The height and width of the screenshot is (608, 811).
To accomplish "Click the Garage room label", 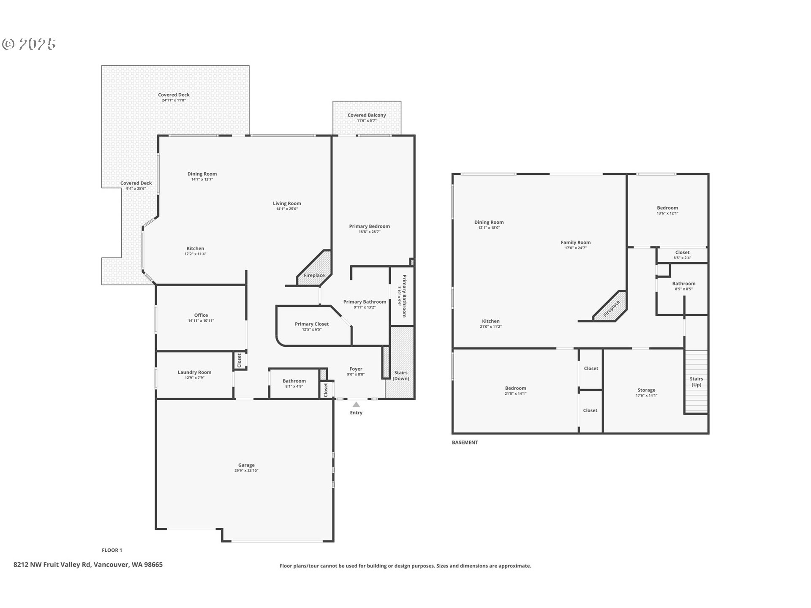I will (246, 465).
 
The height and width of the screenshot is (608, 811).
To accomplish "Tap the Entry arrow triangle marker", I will (356, 404).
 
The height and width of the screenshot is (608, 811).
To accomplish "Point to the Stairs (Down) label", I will (401, 375).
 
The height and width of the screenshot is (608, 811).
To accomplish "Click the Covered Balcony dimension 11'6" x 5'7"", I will (366, 121).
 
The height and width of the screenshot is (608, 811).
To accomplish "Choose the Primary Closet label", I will (312, 324).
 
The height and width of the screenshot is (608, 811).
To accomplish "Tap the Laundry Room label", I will (194, 372).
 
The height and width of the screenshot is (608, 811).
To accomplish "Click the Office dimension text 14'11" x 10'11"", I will (201, 321).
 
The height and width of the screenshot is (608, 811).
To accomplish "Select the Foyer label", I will (356, 369).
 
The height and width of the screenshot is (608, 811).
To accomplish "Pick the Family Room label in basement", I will (575, 242).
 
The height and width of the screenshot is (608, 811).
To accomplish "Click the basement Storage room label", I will (646, 390).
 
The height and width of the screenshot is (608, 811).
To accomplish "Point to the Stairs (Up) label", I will (696, 382).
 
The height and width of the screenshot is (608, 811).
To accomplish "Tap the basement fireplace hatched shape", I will (610, 307).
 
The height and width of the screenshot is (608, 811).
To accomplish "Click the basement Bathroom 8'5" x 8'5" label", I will (683, 284).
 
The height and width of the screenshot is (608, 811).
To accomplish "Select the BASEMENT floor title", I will (465, 442).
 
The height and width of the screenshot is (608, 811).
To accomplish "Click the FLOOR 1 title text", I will (112, 550).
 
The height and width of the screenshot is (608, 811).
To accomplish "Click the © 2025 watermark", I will (29, 44).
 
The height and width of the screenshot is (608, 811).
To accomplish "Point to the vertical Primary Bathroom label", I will (404, 296).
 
